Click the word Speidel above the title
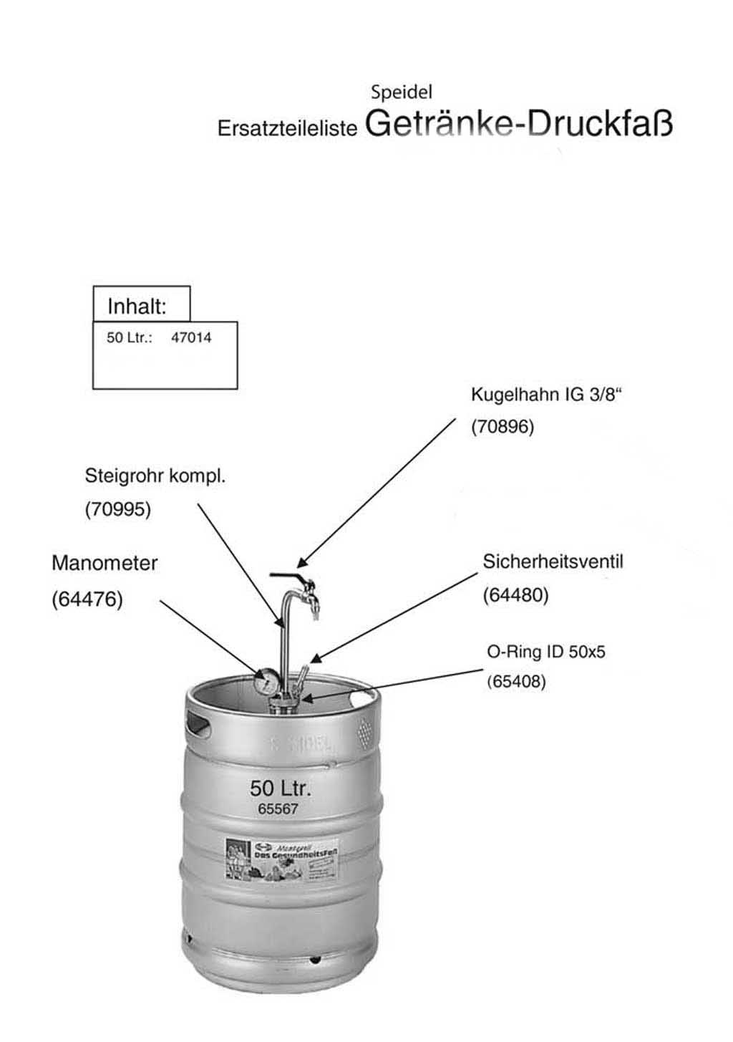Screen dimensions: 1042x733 [401, 92]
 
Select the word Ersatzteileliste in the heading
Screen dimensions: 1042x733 [287, 128]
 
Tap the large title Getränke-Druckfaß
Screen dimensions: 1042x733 [519, 123]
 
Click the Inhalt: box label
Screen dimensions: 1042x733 [137, 307]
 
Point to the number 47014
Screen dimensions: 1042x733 [191, 338]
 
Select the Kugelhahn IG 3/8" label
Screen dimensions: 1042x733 [546, 395]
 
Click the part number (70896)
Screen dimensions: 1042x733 [503, 427]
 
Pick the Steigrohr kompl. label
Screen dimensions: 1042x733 [155, 476]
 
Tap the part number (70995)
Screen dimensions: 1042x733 [118, 509]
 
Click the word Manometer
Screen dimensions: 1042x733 [105, 563]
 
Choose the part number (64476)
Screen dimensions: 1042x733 [87, 599]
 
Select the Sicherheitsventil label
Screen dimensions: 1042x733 [553, 561]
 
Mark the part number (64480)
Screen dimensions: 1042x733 [515, 595]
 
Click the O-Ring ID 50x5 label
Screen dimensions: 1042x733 [546, 652]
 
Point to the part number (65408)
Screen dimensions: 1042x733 [516, 682]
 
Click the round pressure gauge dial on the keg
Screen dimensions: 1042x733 [266, 681]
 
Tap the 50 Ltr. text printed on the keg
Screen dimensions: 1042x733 [280, 788]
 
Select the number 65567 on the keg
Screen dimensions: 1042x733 [278, 809]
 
